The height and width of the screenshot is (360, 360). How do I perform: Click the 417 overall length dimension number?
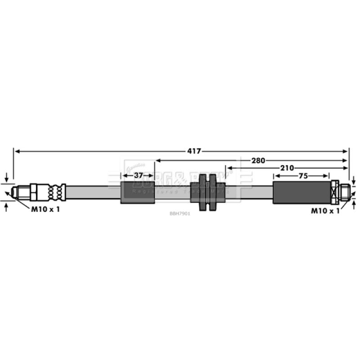click(x=194, y=151)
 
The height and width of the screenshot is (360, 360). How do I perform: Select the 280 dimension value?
click(x=258, y=160)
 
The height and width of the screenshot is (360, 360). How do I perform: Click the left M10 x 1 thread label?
click(x=45, y=209)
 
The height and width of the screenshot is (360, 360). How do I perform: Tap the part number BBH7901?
click(x=180, y=214)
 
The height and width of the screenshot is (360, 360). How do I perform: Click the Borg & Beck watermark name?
click(x=180, y=182)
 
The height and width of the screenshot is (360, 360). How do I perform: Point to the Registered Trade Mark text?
click(x=180, y=192)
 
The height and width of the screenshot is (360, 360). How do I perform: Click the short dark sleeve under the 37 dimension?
click(x=137, y=193)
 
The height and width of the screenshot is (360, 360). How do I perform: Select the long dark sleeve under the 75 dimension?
click(x=301, y=193)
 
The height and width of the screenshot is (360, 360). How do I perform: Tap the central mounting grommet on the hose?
click(x=208, y=193)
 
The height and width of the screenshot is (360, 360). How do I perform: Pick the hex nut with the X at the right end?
click(x=334, y=192)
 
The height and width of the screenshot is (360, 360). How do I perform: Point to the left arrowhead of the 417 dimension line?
click(x=16, y=151)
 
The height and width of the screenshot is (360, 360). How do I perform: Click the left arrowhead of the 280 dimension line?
click(x=157, y=160)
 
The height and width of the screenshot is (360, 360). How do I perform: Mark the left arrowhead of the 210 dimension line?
click(x=229, y=168)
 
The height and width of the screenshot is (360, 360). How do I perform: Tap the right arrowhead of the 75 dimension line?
click(x=327, y=175)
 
